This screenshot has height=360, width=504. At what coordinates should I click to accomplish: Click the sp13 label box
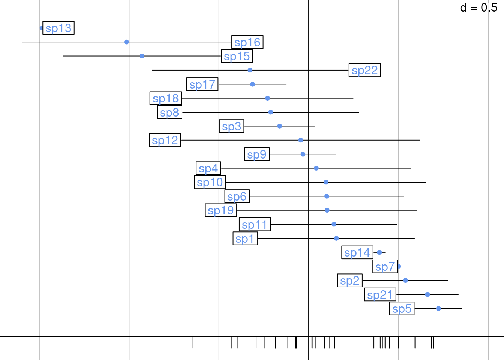pyautogui.click(x=58, y=28)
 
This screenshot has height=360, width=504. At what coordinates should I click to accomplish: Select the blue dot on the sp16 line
pyautogui.click(x=127, y=42)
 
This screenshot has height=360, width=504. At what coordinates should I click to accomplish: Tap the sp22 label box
pyautogui.click(x=364, y=70)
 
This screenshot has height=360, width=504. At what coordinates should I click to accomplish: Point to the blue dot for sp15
pyautogui.click(x=142, y=56)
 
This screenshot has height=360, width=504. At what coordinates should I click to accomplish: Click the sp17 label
pyautogui.click(x=202, y=84)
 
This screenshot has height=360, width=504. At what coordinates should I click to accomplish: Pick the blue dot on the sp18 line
pyautogui.click(x=267, y=98)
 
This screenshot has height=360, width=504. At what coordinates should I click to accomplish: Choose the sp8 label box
pyautogui.click(x=169, y=112)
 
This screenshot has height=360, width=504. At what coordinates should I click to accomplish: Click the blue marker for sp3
pyautogui.click(x=280, y=126)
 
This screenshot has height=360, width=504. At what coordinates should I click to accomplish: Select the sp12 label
pyautogui.click(x=165, y=140)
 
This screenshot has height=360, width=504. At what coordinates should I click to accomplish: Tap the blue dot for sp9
pyautogui.click(x=303, y=154)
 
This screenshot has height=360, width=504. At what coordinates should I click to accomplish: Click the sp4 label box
pyautogui.click(x=208, y=168)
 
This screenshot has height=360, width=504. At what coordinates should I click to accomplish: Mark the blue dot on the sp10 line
pyautogui.click(x=326, y=182)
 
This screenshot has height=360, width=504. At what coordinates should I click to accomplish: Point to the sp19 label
pyautogui.click(x=221, y=210)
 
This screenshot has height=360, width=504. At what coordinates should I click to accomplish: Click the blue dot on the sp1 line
pyautogui.click(x=336, y=238)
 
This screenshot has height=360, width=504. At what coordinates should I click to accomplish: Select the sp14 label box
pyautogui.click(x=357, y=252)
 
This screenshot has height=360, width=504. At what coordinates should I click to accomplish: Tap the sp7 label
pyautogui.click(x=385, y=267)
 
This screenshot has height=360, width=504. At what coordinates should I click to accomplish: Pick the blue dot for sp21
pyautogui.click(x=427, y=294)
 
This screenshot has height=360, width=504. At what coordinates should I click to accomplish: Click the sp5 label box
pyautogui.click(x=402, y=309)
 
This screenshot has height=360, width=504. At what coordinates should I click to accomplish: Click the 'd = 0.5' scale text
pyautogui.click(x=478, y=8)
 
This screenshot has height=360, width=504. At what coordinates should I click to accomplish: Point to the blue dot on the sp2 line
pyautogui.click(x=405, y=280)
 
